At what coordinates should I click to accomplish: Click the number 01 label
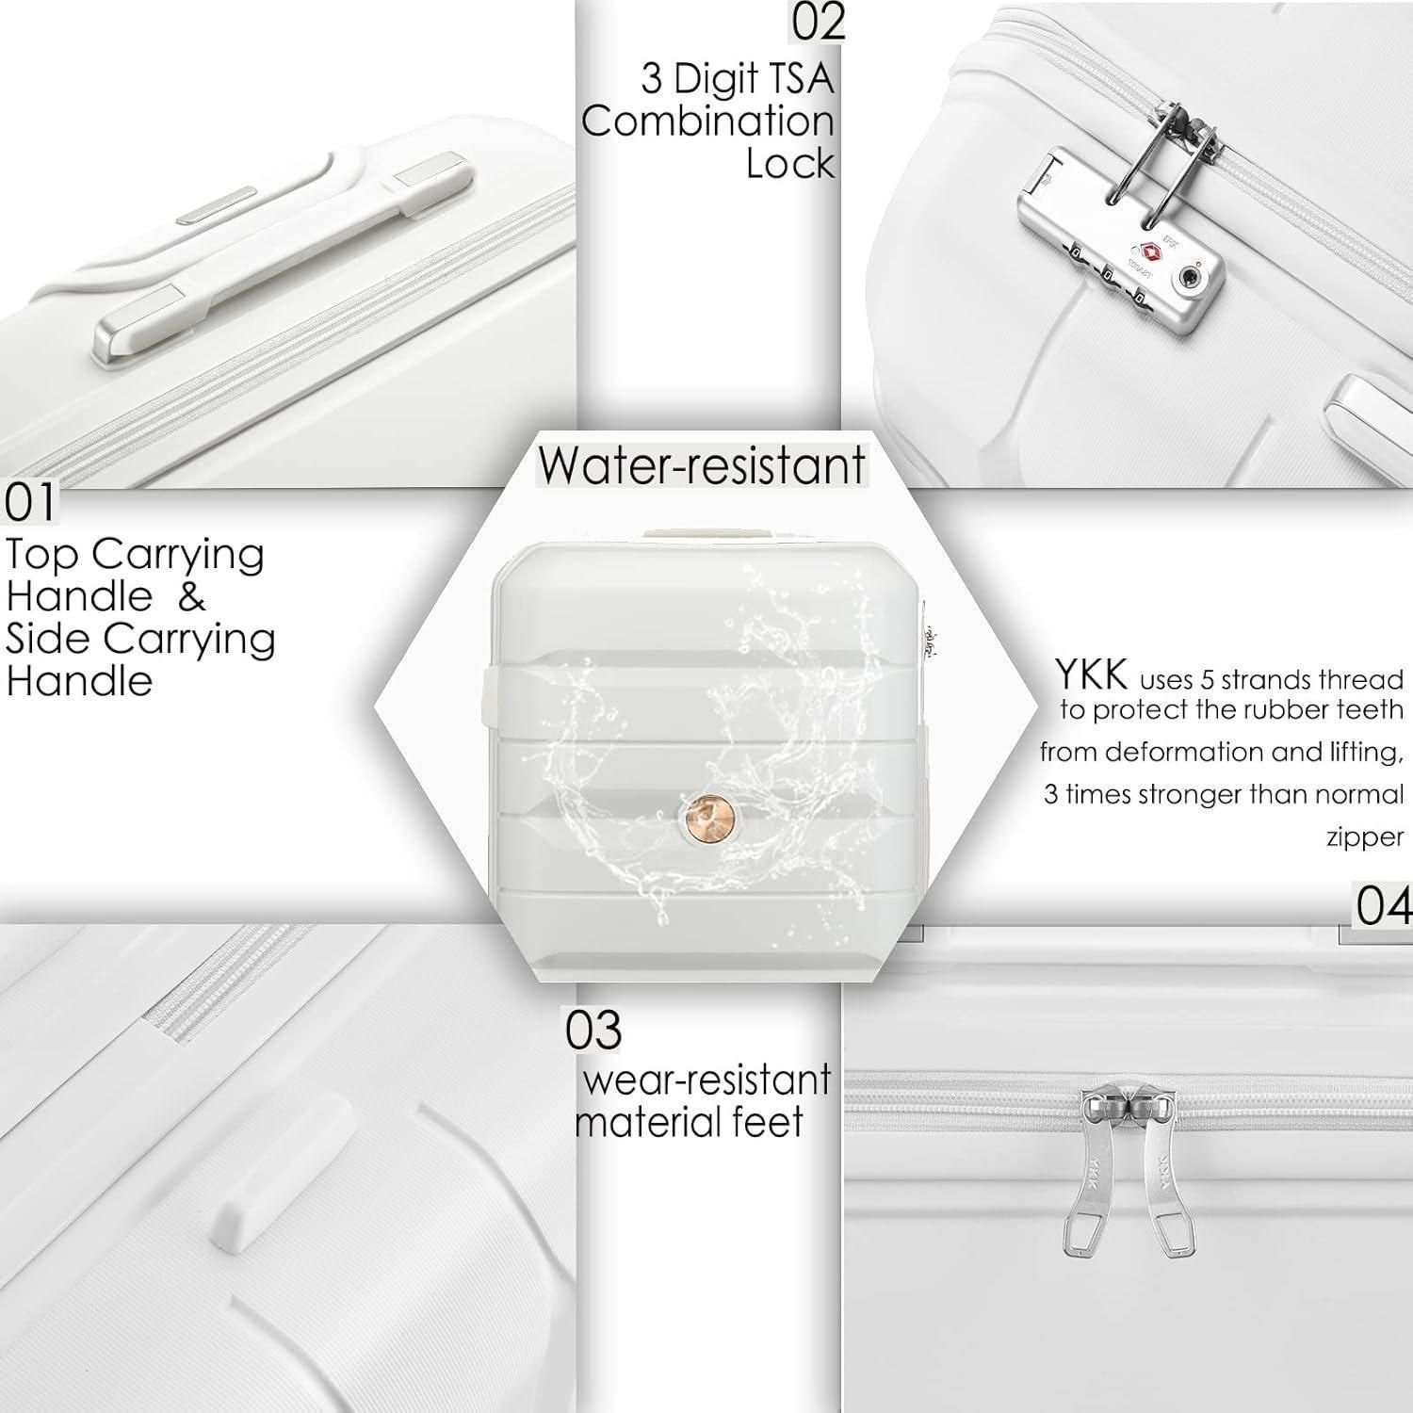pyautogui.click(x=30, y=504)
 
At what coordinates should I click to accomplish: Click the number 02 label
pyautogui.click(x=819, y=23)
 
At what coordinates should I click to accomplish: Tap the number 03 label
pyautogui.click(x=593, y=1030)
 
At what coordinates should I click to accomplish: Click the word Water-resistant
pyautogui.click(x=702, y=465)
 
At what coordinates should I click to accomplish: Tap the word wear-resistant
pyautogui.click(x=706, y=1080)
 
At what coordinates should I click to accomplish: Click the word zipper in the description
pyautogui.click(x=1365, y=837)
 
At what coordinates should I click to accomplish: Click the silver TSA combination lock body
pyautogui.click(x=1121, y=254)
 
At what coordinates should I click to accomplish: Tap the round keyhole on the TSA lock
pyautogui.click(x=1191, y=278)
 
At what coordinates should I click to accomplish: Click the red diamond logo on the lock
pyautogui.click(x=1147, y=252)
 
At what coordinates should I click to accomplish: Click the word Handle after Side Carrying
pyautogui.click(x=79, y=681)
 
